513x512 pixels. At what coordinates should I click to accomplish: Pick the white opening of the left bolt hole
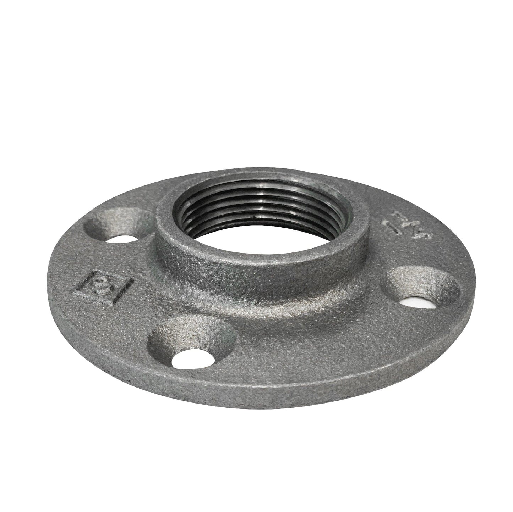coord(122,239)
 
